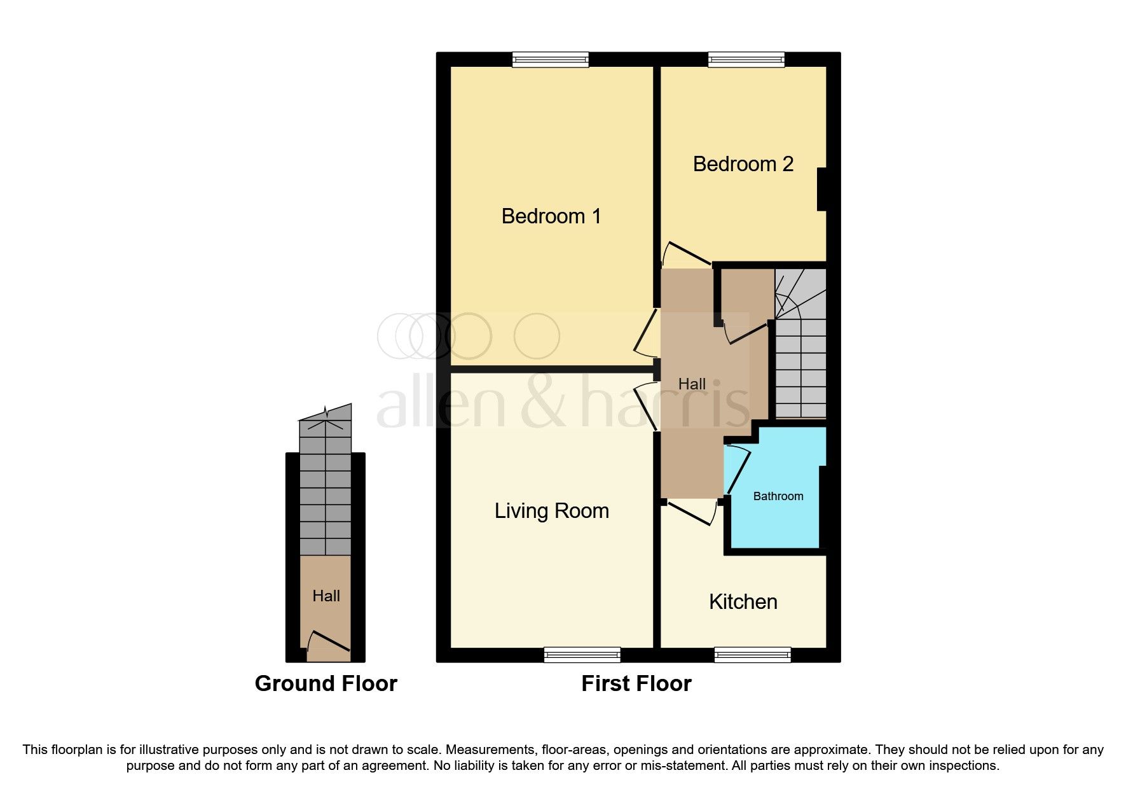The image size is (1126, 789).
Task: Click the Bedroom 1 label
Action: pos(551,216)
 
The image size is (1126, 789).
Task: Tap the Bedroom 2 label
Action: pos(743,164)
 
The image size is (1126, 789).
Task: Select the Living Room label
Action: pos(551,511)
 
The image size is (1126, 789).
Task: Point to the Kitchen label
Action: pos(743,602)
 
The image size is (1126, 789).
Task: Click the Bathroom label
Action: pos(778,496)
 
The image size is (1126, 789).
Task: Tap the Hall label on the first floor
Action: pos(691,384)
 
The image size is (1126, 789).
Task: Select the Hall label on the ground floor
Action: pos(326,596)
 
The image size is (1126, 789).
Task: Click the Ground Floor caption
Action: pos(326,683)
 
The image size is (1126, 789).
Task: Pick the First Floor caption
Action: pos(636,683)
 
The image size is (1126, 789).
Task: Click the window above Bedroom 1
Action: pos(551,60)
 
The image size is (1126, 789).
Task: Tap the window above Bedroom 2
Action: pos(746,60)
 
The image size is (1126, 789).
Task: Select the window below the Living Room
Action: pos(582,655)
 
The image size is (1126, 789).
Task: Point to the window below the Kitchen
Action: pos(752,655)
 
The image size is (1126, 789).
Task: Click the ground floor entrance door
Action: pos(328,643)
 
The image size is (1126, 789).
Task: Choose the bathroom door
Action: pos(738,470)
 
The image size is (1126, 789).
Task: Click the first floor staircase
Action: pos(800,356)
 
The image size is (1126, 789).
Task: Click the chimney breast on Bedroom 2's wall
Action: pos(821,189)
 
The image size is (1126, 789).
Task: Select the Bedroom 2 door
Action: pos(685,253)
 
